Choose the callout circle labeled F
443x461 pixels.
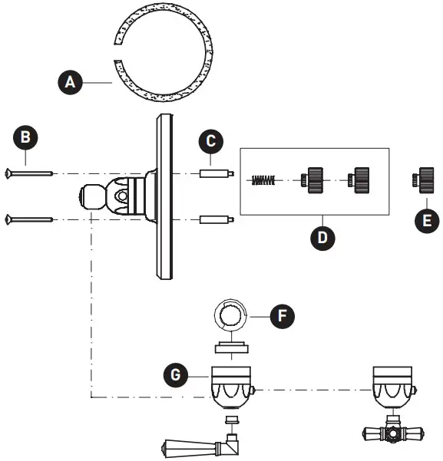tap(282, 314)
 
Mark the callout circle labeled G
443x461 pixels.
tap(177, 376)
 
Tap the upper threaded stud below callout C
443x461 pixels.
tap(216, 174)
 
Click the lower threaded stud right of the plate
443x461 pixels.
tap(216, 220)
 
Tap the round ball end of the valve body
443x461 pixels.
tap(90, 197)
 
